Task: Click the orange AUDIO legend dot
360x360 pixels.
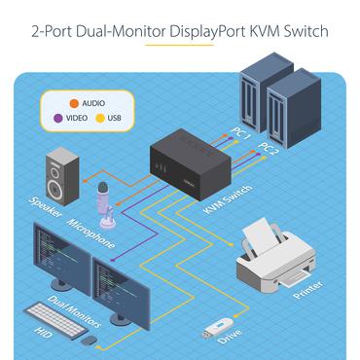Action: pos(73,101)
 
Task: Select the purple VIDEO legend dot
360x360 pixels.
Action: pos(59,118)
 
